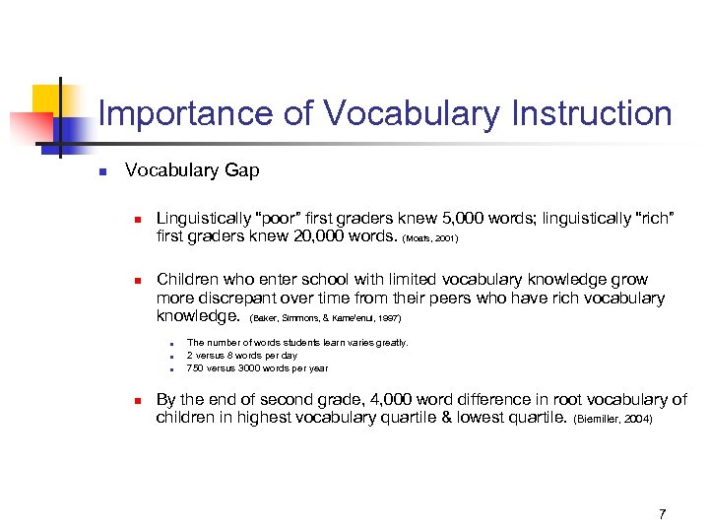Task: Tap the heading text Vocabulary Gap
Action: coord(192,170)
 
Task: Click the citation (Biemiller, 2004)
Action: coord(612,420)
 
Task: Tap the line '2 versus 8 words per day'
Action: coord(242,356)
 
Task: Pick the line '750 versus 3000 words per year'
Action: coord(257,368)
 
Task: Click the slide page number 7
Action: coord(662,513)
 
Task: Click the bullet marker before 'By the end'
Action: coord(139,400)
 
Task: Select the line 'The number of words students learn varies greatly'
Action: coord(296,343)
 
